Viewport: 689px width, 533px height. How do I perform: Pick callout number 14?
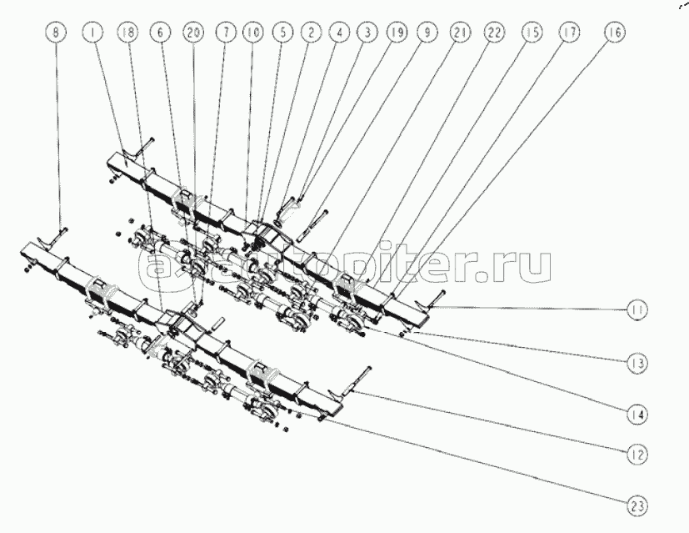click(x=640, y=412)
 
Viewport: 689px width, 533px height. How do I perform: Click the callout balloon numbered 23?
click(x=640, y=505)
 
